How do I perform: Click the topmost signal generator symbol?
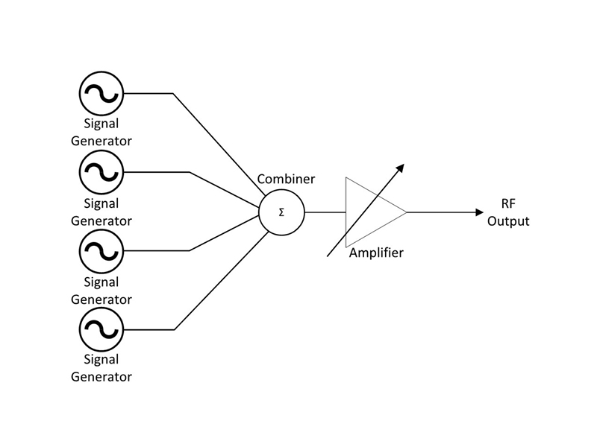point(101,93)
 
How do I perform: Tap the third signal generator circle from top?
point(101,250)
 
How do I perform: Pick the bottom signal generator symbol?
point(101,329)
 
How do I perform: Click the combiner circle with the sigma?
point(281,212)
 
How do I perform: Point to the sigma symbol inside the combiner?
point(281,212)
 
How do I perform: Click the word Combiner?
point(286,180)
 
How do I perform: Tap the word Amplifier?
point(376,253)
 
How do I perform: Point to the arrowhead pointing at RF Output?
point(480,212)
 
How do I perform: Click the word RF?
point(508,205)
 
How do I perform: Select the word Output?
point(508,221)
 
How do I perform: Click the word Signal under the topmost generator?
point(101,124)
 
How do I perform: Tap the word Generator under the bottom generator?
point(101,376)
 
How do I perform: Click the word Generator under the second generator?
point(101,221)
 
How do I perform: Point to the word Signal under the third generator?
point(101,282)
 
